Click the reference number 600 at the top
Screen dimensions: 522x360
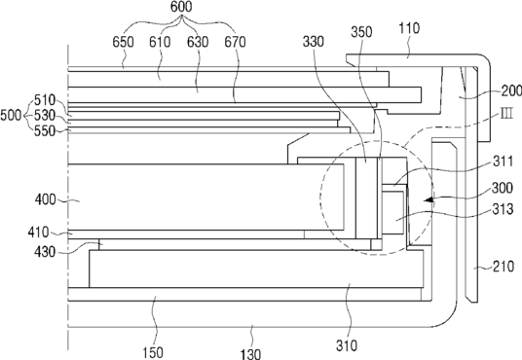181,7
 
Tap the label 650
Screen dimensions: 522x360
123,42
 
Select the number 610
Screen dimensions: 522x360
160,42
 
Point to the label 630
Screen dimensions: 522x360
198,42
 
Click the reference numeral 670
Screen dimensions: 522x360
235,42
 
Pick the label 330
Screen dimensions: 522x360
314,42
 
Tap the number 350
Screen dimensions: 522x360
361,32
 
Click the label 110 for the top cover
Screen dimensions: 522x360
409,28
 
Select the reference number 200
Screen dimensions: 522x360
511,90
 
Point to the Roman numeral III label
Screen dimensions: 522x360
506,114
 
